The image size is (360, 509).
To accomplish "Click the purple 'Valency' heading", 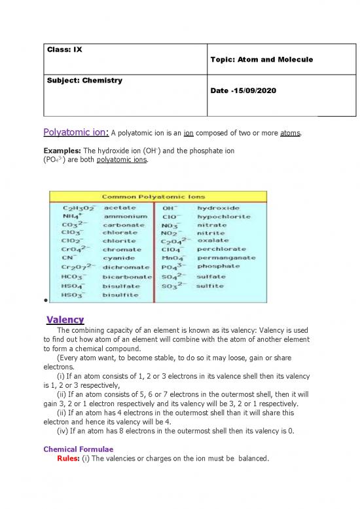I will point(65,320).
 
